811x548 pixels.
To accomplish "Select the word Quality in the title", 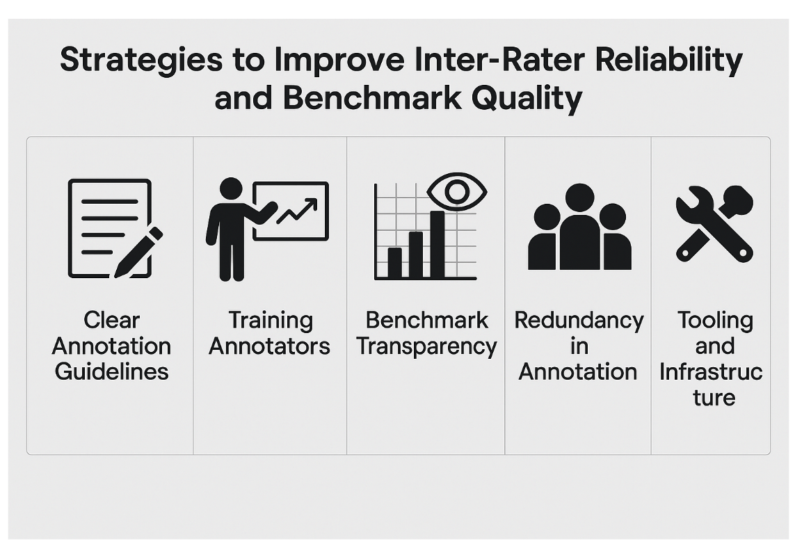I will coord(527,98).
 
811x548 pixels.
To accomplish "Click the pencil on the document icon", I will coord(139,252).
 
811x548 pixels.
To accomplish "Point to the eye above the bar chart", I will coord(457,191).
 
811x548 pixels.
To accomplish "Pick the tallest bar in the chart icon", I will coord(437,243).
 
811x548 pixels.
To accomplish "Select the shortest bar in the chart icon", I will coord(394,262).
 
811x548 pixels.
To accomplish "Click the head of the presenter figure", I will coord(231,188).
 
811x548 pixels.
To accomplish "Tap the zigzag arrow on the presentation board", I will coord(297,211).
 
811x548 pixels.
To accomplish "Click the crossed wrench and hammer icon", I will coord(714,224).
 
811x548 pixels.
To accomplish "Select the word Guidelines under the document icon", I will coord(111,371).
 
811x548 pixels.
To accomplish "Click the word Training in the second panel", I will coord(270,321).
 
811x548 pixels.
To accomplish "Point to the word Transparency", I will coord(426,346).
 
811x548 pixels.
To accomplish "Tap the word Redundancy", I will coord(579,321).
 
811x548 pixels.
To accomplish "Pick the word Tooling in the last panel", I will coord(715,321).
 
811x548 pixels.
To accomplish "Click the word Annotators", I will coord(269,346).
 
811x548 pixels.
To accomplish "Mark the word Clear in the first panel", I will coord(111,321).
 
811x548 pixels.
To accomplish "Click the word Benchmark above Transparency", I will coord(426,321).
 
